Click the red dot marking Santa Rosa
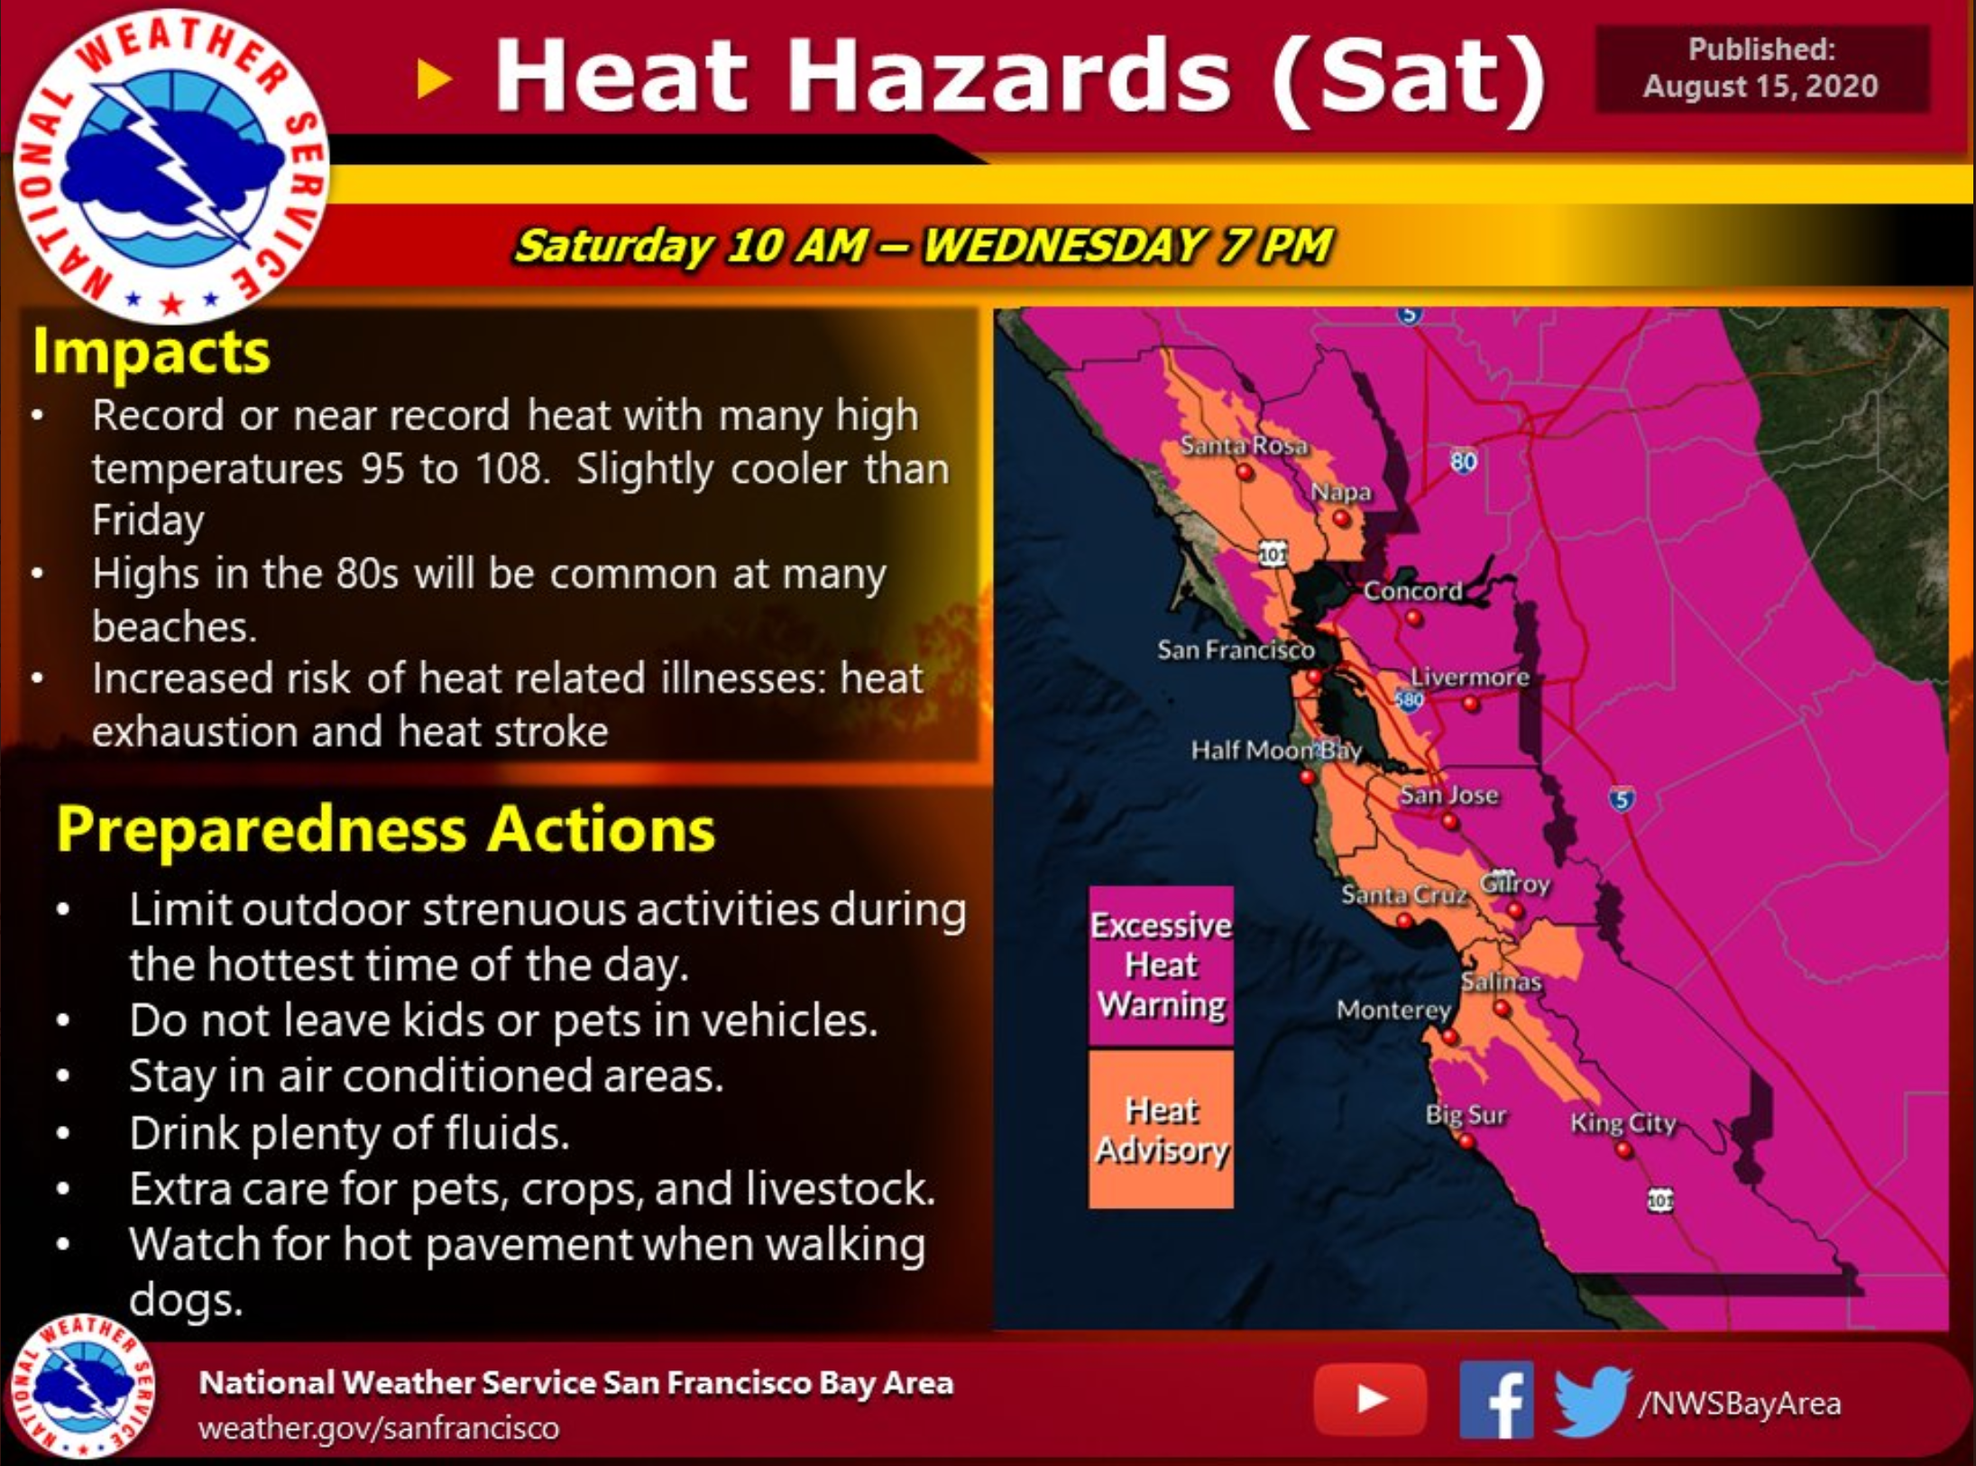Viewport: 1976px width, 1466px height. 1245,472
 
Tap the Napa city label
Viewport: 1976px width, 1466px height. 1340,493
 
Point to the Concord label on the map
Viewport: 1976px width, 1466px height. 1412,591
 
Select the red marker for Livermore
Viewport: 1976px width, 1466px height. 1471,704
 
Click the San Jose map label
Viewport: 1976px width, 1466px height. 1448,795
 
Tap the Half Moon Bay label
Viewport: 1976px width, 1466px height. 1276,751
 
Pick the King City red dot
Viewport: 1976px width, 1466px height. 1623,1150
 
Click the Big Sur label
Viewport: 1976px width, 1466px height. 1466,1115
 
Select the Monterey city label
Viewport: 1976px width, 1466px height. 1393,1010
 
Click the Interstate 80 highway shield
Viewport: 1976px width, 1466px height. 1463,462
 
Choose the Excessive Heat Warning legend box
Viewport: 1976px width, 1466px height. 1161,966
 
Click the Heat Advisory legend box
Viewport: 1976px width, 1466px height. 1161,1129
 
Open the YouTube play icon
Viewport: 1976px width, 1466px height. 1370,1399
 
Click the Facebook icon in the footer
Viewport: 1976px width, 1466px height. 1496,1399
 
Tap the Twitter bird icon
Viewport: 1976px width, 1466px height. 1592,1401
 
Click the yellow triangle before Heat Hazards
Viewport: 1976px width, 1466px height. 434,79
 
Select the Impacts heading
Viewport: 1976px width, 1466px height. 151,351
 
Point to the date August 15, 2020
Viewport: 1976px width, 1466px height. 1760,87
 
